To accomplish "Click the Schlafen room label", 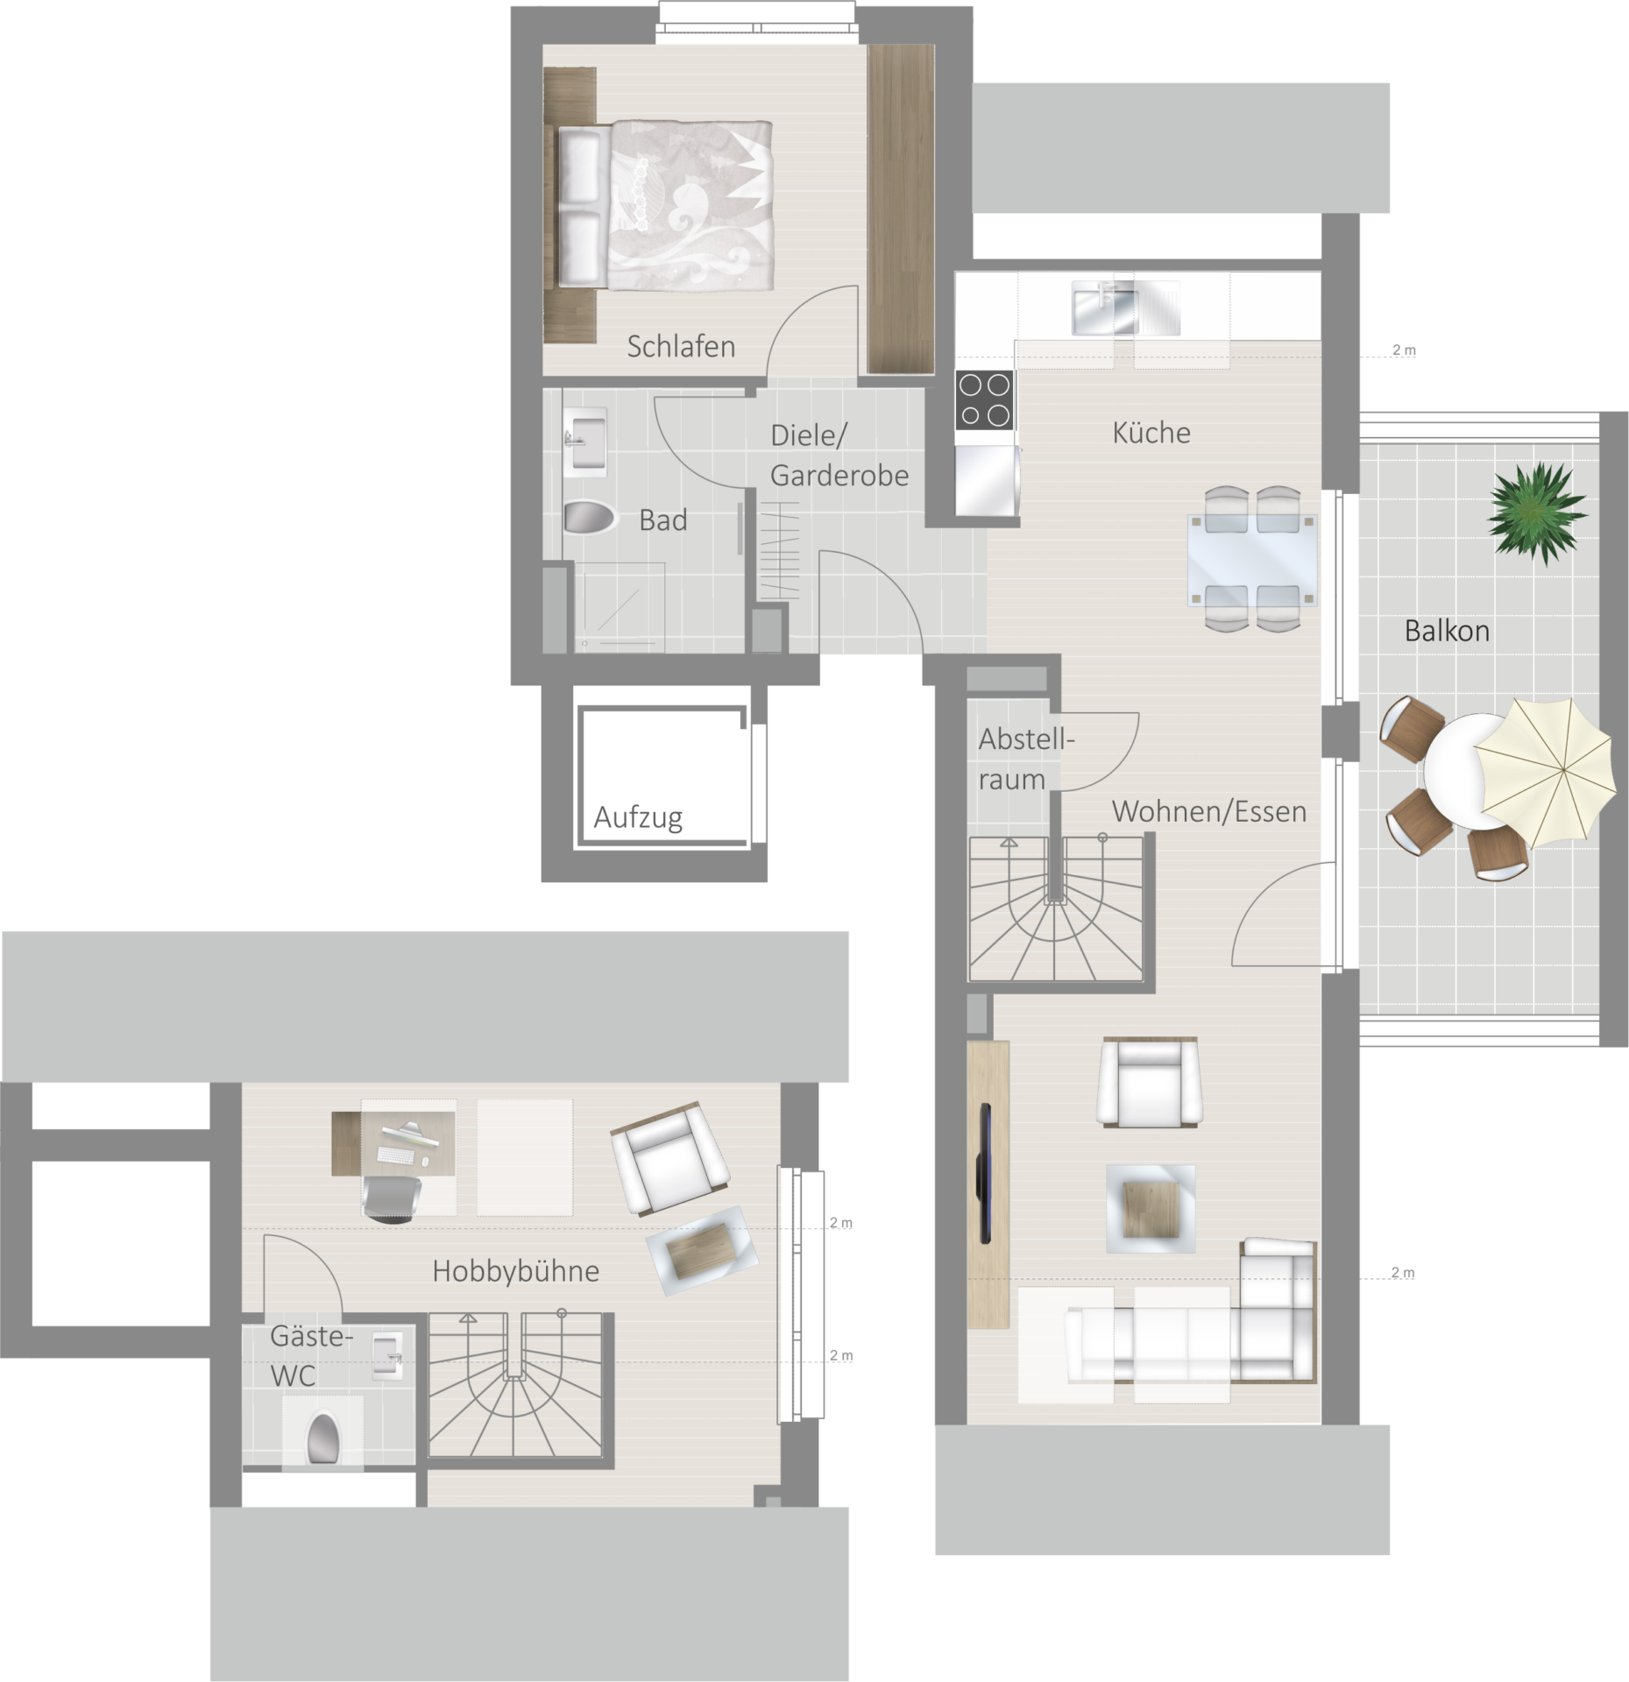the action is point(681,347).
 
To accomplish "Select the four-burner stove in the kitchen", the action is point(984,399).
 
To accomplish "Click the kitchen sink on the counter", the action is point(1126,307).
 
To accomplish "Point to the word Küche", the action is point(1151,432).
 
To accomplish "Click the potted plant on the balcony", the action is point(1536,509).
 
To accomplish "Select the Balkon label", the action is point(1447,631).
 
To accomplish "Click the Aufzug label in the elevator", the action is point(638,818).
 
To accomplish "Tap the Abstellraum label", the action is point(1025,759).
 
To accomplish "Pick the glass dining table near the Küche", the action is point(1252,560).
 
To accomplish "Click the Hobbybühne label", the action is point(515,1271).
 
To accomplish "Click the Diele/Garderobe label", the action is point(839,456).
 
